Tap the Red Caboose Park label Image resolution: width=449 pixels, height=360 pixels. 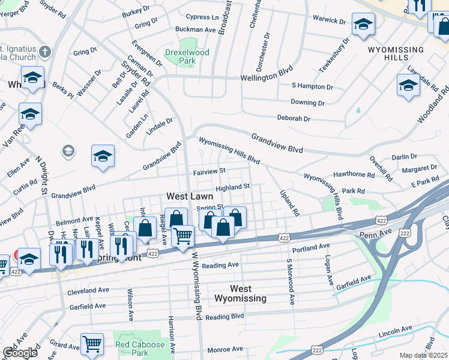tap(140, 349)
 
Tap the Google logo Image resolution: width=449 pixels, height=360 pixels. tap(20, 353)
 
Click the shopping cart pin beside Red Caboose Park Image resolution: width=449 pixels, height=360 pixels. tap(92, 344)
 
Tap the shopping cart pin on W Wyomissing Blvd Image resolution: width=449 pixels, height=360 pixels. tap(182, 235)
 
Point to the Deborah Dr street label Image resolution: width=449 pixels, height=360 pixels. tap(294, 118)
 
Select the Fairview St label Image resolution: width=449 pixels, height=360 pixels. tap(209, 172)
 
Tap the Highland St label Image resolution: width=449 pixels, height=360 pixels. tap(233, 187)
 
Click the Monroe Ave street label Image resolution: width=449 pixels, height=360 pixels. tap(225, 349)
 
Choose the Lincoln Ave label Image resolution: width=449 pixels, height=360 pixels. tap(395, 330)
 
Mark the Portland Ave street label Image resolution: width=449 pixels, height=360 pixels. tap(311, 247)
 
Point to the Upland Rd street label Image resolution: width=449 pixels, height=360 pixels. tap(289, 203)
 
